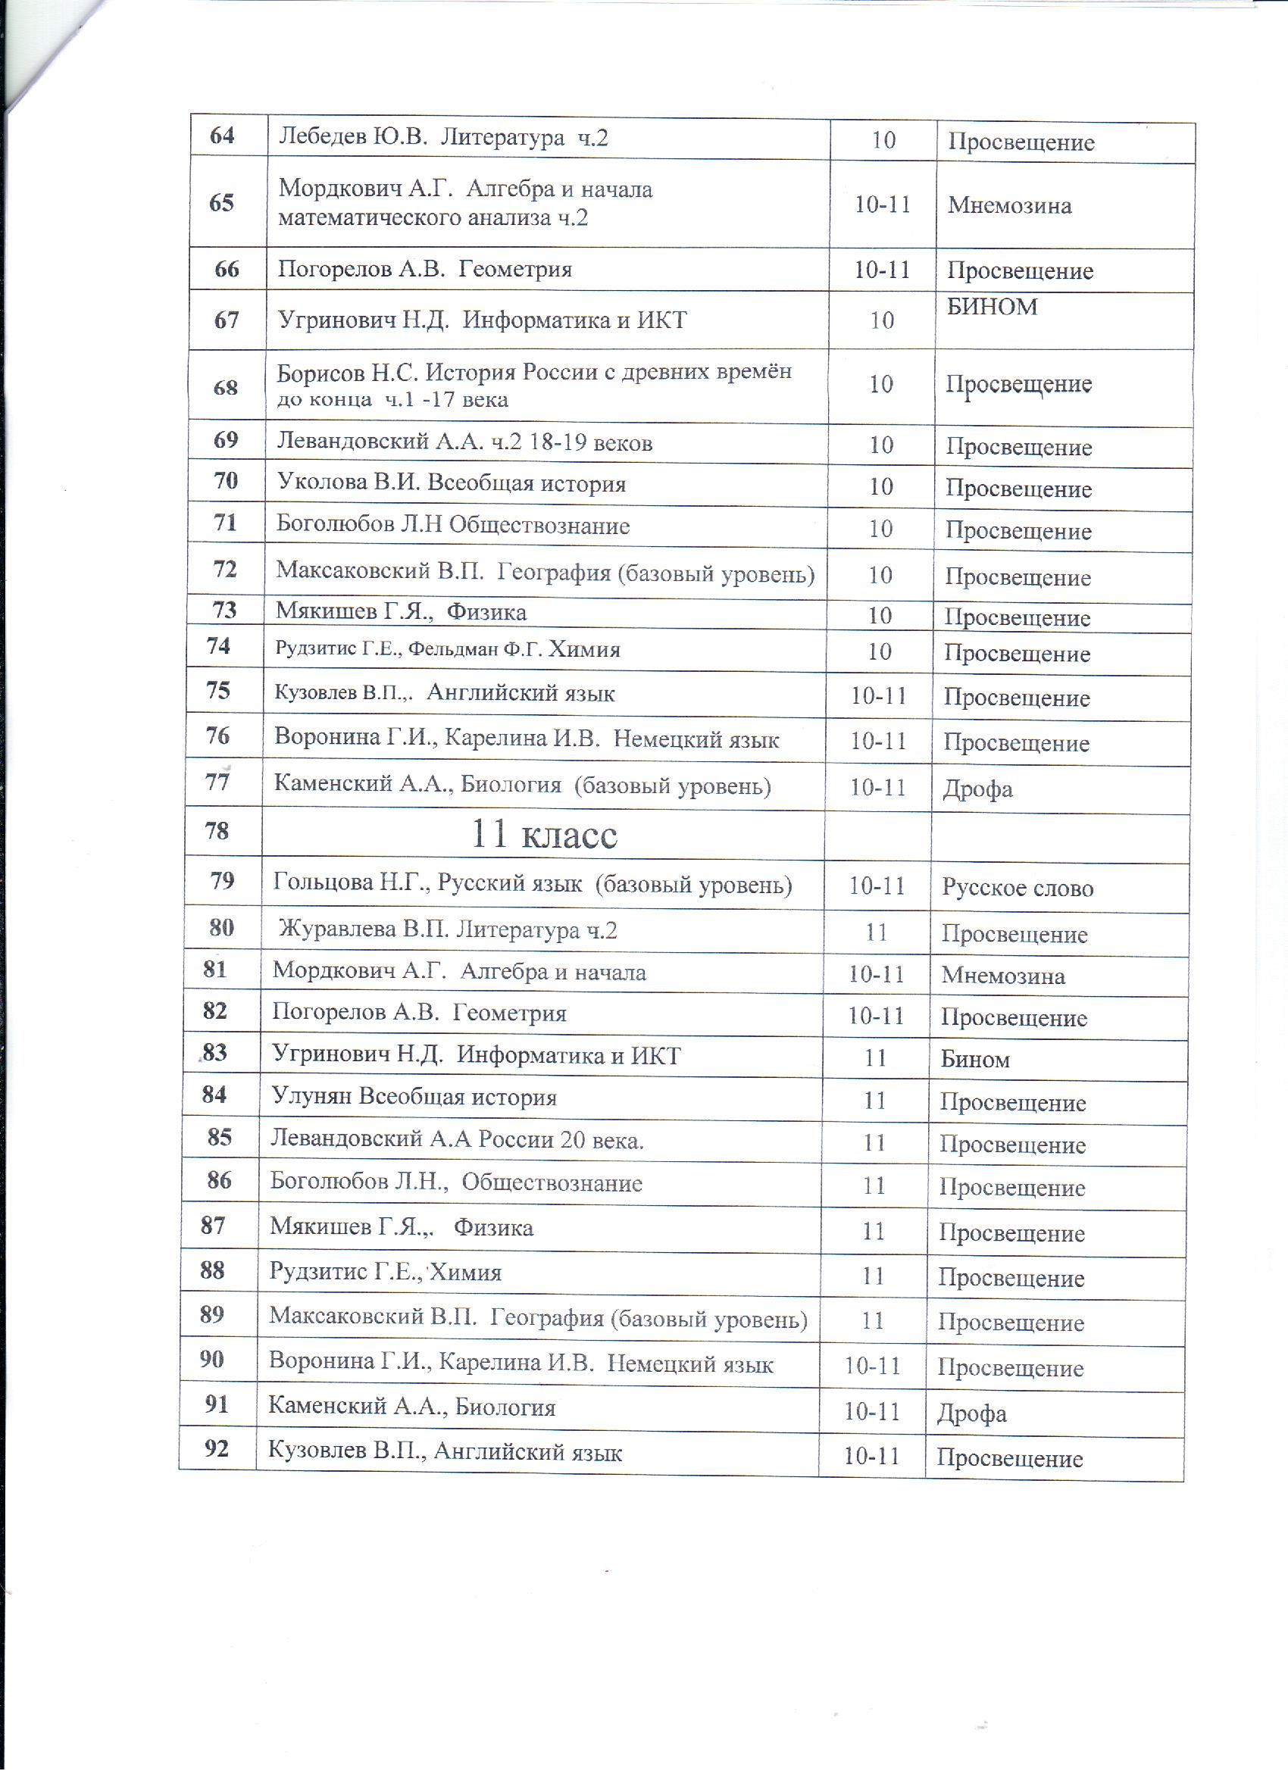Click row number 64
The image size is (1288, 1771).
pyautogui.click(x=223, y=136)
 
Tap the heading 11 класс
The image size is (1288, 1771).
pyautogui.click(x=545, y=835)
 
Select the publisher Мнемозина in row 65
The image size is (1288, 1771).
pyautogui.click(x=1009, y=206)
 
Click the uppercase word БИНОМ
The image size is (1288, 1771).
pyautogui.click(x=992, y=307)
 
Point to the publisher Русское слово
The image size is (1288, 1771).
pyautogui.click(x=1017, y=888)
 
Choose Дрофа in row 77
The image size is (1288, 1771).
pyautogui.click(x=977, y=789)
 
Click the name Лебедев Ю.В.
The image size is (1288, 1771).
pyautogui.click(x=353, y=137)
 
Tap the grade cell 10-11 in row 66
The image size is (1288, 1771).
pyautogui.click(x=882, y=270)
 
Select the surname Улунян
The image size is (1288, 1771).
pyautogui.click(x=311, y=1097)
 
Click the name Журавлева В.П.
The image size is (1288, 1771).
pyautogui.click(x=364, y=930)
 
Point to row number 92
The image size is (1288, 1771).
pyautogui.click(x=216, y=1448)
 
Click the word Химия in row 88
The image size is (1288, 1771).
pyautogui.click(x=465, y=1272)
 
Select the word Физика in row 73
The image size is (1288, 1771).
pyautogui.click(x=486, y=612)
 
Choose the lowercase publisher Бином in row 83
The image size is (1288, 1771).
pyautogui.click(x=975, y=1060)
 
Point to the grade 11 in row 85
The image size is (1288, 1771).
pyautogui.click(x=874, y=1143)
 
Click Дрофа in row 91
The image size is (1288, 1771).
pyautogui.click(x=971, y=1414)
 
